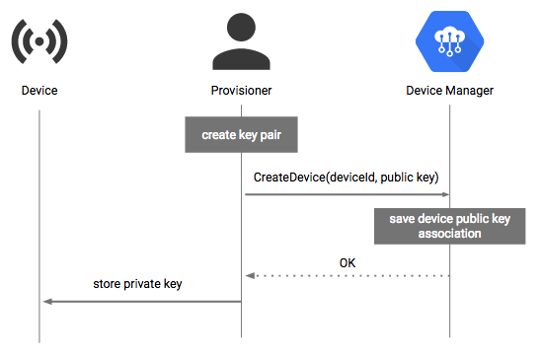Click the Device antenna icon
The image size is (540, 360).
[39, 42]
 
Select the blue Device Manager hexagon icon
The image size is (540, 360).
[449, 42]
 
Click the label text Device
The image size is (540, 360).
[39, 91]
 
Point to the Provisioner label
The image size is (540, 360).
[243, 91]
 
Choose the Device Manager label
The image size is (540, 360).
[449, 91]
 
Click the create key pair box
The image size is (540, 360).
[242, 134]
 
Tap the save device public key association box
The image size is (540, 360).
[449, 226]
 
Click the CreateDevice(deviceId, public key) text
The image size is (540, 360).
[347, 178]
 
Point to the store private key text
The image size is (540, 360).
[138, 285]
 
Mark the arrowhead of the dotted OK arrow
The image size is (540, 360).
[250, 276]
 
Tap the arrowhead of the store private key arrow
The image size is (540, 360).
[46, 301]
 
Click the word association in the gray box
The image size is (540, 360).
[449, 234]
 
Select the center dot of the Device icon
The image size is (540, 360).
[39, 42]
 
